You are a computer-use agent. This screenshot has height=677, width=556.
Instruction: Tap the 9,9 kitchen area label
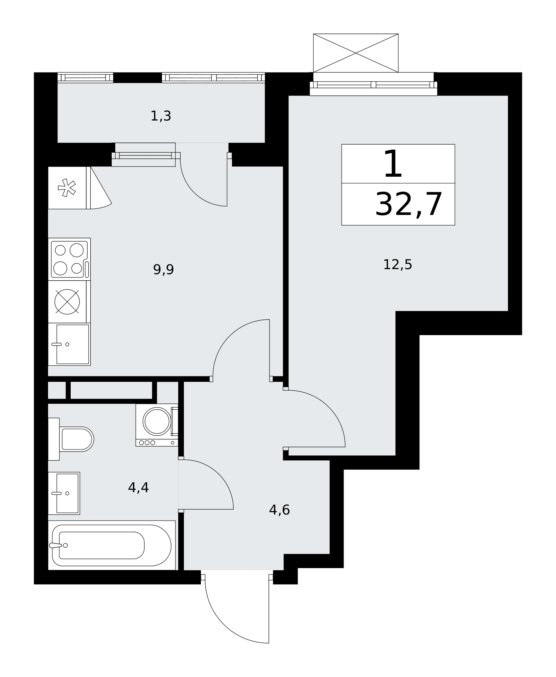pyautogui.click(x=163, y=270)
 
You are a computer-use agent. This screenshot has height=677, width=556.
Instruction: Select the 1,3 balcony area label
pyautogui.click(x=161, y=116)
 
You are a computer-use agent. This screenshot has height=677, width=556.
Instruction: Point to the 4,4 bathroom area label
pyautogui.click(x=138, y=487)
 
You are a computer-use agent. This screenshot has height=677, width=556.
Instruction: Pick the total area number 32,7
pyautogui.click(x=409, y=204)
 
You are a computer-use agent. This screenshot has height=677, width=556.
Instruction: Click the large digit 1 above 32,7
pyautogui.click(x=393, y=164)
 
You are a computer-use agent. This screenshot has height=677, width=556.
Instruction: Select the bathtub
pyautogui.click(x=112, y=545)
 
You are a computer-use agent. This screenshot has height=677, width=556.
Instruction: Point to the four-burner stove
pyautogui.click(x=69, y=259)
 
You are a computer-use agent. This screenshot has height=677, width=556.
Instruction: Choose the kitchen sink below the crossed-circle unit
pyautogui.click(x=69, y=344)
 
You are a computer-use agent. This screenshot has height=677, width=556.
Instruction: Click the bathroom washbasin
pyautogui.click(x=64, y=493)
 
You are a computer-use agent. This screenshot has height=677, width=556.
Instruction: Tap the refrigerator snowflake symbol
pyautogui.click(x=67, y=188)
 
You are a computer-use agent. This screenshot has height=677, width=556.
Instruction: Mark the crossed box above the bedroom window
pyautogui.click(x=356, y=53)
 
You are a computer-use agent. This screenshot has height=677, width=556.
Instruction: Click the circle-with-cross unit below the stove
pyautogui.click(x=67, y=302)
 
